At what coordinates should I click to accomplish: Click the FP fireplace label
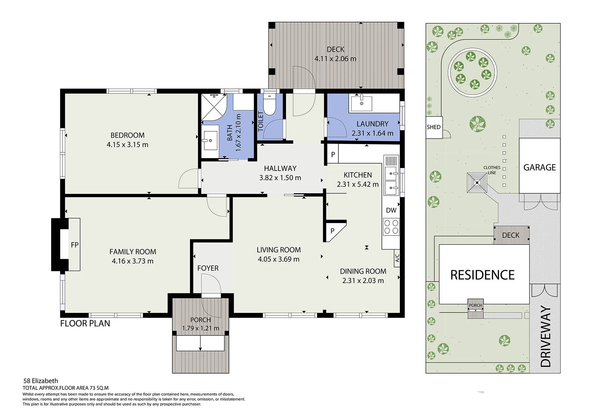(75, 245)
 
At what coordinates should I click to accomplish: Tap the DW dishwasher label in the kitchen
(391, 210)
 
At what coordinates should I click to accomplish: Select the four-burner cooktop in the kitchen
(391, 227)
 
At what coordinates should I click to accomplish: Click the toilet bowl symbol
(270, 105)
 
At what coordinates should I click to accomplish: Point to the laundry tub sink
(362, 103)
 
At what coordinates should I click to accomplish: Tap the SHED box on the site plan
(434, 127)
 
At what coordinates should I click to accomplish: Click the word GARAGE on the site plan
(540, 167)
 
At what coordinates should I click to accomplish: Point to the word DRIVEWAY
(546, 336)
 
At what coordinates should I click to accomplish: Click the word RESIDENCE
(482, 275)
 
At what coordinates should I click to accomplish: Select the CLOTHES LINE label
(492, 170)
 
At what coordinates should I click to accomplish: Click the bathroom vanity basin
(210, 141)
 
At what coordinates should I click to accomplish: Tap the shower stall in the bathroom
(214, 107)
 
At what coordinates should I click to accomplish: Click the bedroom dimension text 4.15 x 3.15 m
(127, 144)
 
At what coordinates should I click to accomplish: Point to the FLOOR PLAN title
(85, 323)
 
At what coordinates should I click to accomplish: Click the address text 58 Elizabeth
(41, 381)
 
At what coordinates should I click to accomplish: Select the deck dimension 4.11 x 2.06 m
(335, 58)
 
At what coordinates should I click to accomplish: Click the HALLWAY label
(280, 168)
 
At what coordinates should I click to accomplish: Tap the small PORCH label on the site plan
(475, 305)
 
